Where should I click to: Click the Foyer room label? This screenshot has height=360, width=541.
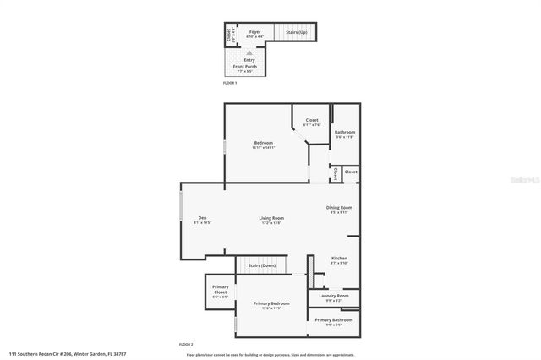pos(254,32)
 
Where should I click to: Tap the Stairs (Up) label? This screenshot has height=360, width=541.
pos(296,33)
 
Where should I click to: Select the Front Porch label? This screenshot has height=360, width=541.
pos(249,68)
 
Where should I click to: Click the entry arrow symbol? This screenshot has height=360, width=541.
pos(249,52)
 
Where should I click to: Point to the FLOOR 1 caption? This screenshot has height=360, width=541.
pos(230,84)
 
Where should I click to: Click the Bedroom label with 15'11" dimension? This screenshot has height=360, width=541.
pos(264,143)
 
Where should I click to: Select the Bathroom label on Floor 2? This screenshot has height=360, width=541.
pos(344,132)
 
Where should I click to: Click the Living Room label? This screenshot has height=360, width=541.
pos(271,218)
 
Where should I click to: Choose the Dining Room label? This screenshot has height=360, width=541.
pos(339,208)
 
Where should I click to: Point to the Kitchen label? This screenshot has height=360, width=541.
pos(338,258)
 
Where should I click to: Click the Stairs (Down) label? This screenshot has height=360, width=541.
pos(261,265)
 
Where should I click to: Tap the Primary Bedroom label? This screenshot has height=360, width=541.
pos(271,303)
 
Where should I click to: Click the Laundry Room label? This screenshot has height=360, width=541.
pos(333,296)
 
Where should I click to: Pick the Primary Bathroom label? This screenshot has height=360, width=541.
pos(333,320)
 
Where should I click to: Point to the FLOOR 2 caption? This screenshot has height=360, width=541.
pos(186,345)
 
